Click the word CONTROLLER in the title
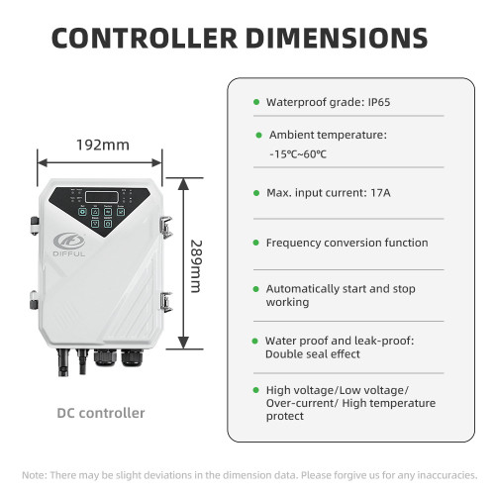[x=145, y=38]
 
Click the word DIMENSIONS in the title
[x=337, y=38]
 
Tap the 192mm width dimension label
[x=103, y=145]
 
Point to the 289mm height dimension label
[x=196, y=266]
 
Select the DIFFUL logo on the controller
[x=69, y=245]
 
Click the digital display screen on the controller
[x=102, y=197]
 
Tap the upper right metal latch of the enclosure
[x=166, y=227]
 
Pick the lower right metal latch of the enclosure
[x=166, y=302]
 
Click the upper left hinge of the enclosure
[x=35, y=226]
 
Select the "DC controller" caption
[x=101, y=413]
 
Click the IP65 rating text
[x=379, y=102]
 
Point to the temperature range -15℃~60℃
[x=298, y=154]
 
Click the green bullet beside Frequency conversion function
[x=255, y=243]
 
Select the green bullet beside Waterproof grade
[x=256, y=102]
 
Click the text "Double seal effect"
[x=313, y=354]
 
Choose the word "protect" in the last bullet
[x=285, y=416]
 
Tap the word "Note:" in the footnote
[x=35, y=475]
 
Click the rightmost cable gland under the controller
[x=132, y=358]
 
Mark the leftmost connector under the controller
[x=62, y=362]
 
